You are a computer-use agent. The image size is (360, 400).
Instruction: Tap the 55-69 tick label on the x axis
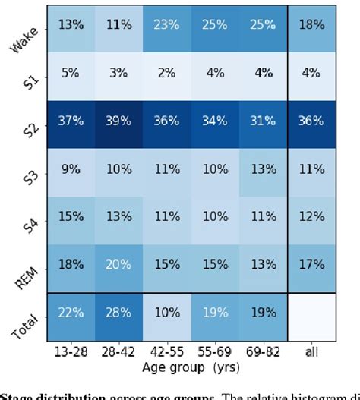[216, 353]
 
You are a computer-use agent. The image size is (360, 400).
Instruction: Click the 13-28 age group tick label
[71, 353]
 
